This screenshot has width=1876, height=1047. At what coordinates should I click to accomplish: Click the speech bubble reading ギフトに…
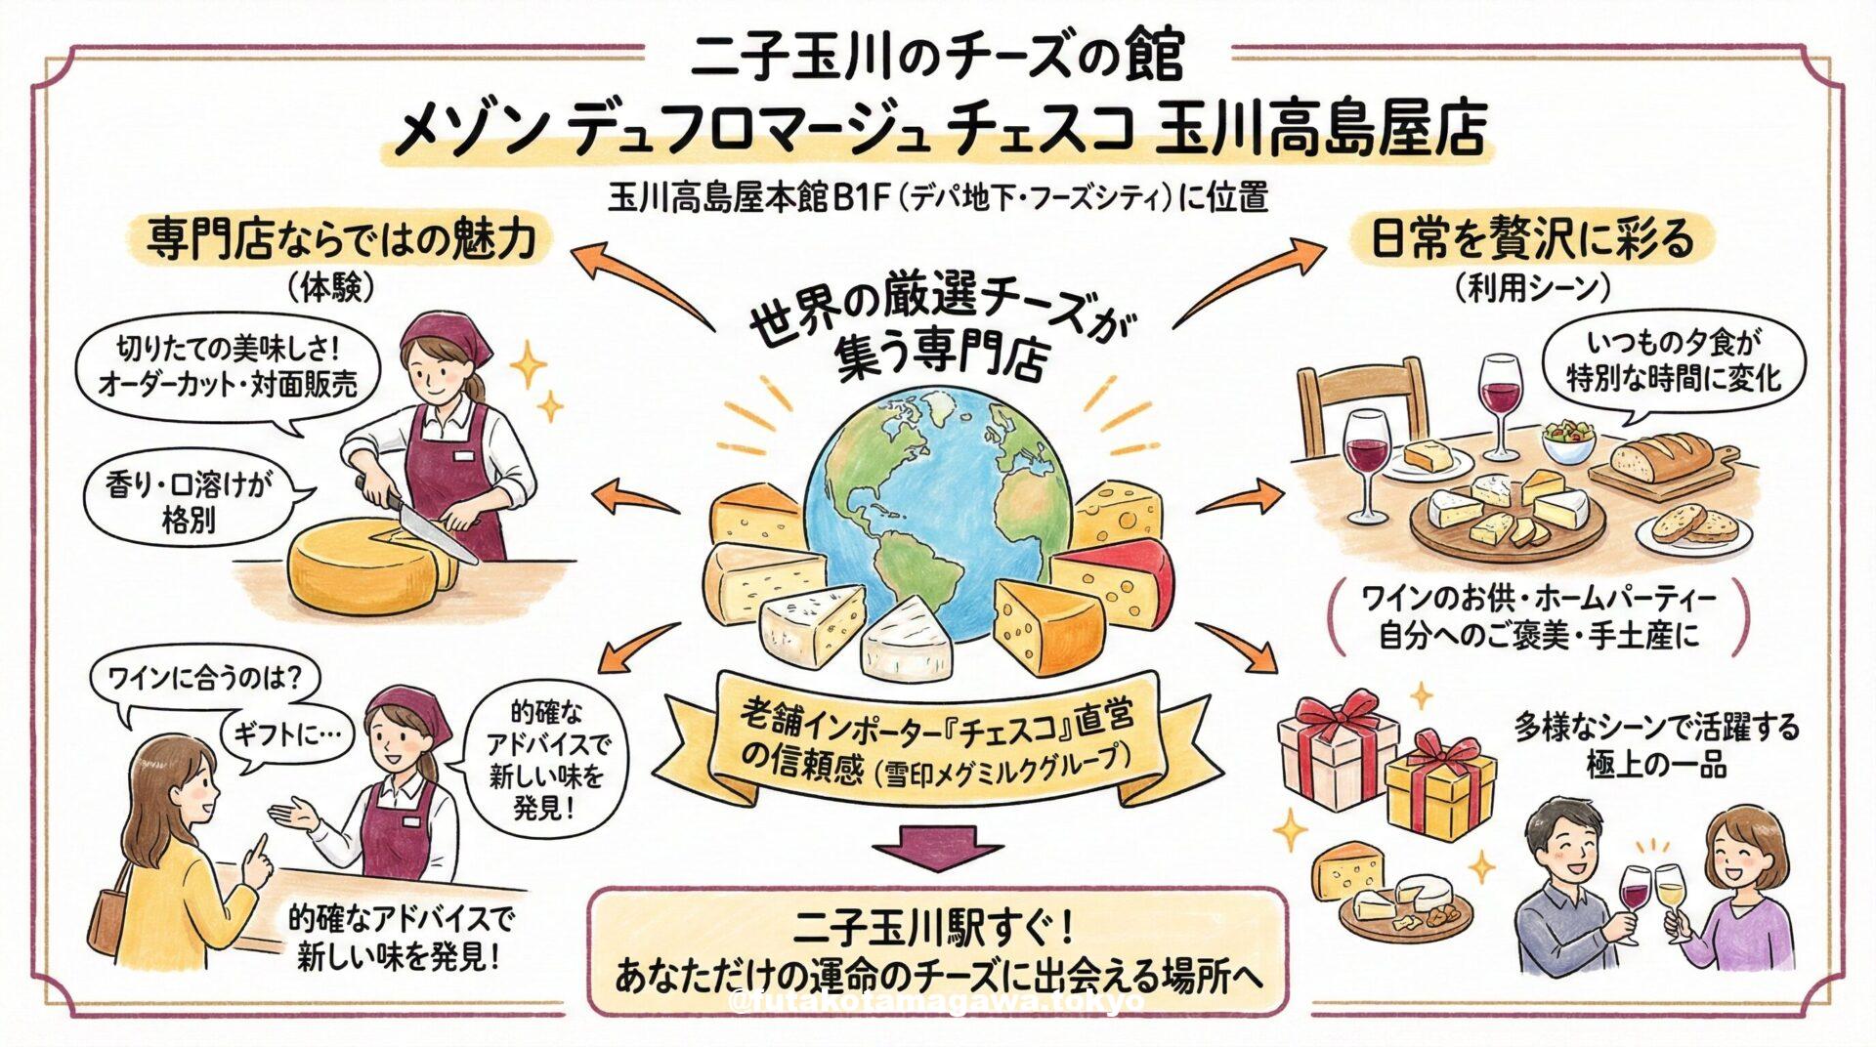292,734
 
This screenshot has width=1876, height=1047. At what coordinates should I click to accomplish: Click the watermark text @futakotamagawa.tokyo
938,1002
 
